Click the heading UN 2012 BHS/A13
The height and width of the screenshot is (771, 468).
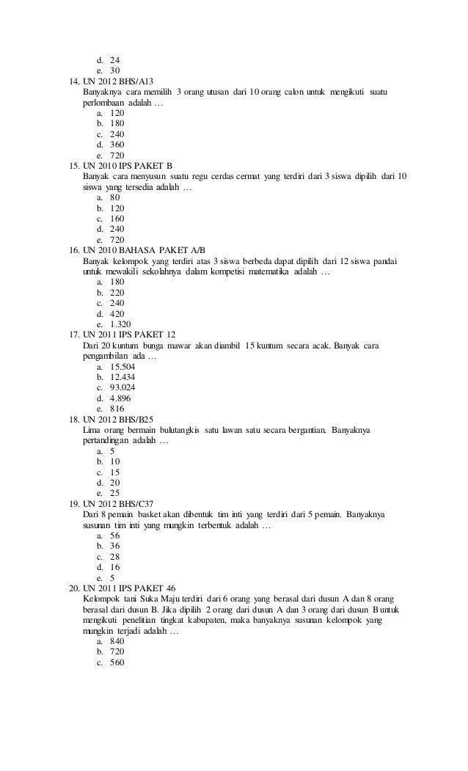tap(119, 81)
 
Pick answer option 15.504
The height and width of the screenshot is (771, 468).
tap(123, 366)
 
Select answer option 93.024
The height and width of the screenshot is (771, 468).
tap(123, 387)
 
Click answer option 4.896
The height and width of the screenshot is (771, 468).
tap(120, 398)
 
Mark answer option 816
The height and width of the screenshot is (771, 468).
tap(117, 409)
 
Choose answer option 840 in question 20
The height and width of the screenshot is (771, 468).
tap(117, 641)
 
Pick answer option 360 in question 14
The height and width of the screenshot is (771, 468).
tap(117, 145)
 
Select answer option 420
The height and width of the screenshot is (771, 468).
tap(117, 313)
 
